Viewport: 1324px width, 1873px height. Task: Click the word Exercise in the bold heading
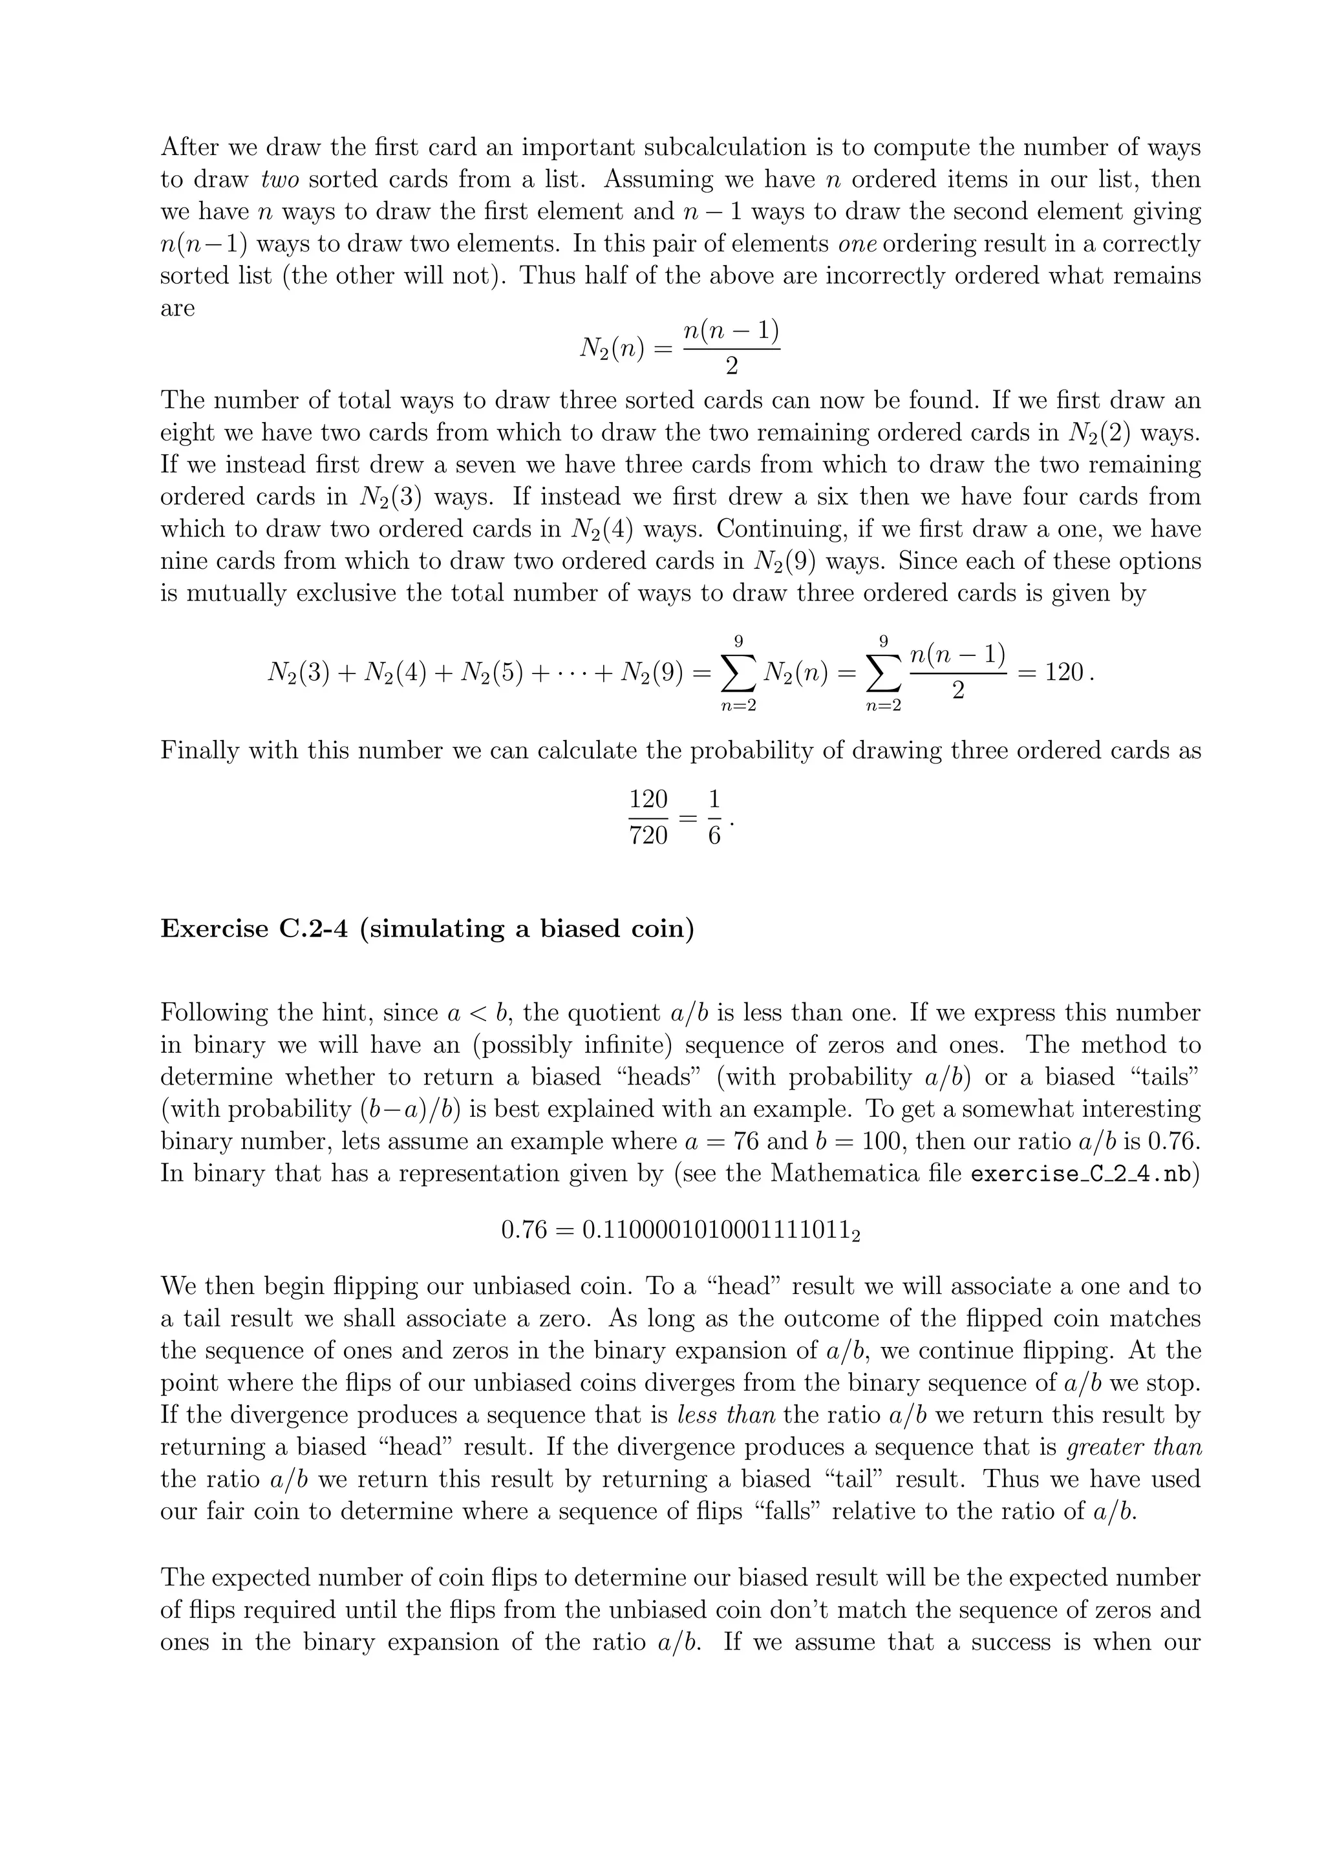tap(215, 929)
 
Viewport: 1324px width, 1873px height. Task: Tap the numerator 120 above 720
tap(648, 799)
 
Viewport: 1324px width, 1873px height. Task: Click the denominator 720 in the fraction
tap(648, 835)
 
